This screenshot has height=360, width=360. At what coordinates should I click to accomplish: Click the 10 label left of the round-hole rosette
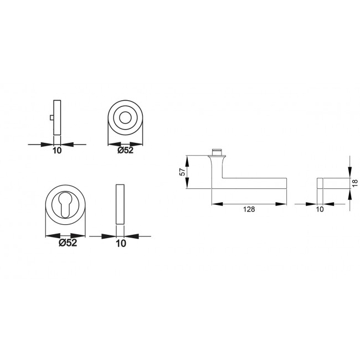click(x=56, y=150)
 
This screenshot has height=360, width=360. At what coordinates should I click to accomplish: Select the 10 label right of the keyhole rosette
click(x=120, y=243)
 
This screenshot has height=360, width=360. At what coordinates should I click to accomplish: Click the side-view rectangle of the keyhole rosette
click(x=120, y=204)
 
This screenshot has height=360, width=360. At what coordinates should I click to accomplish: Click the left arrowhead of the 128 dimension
click(x=214, y=204)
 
